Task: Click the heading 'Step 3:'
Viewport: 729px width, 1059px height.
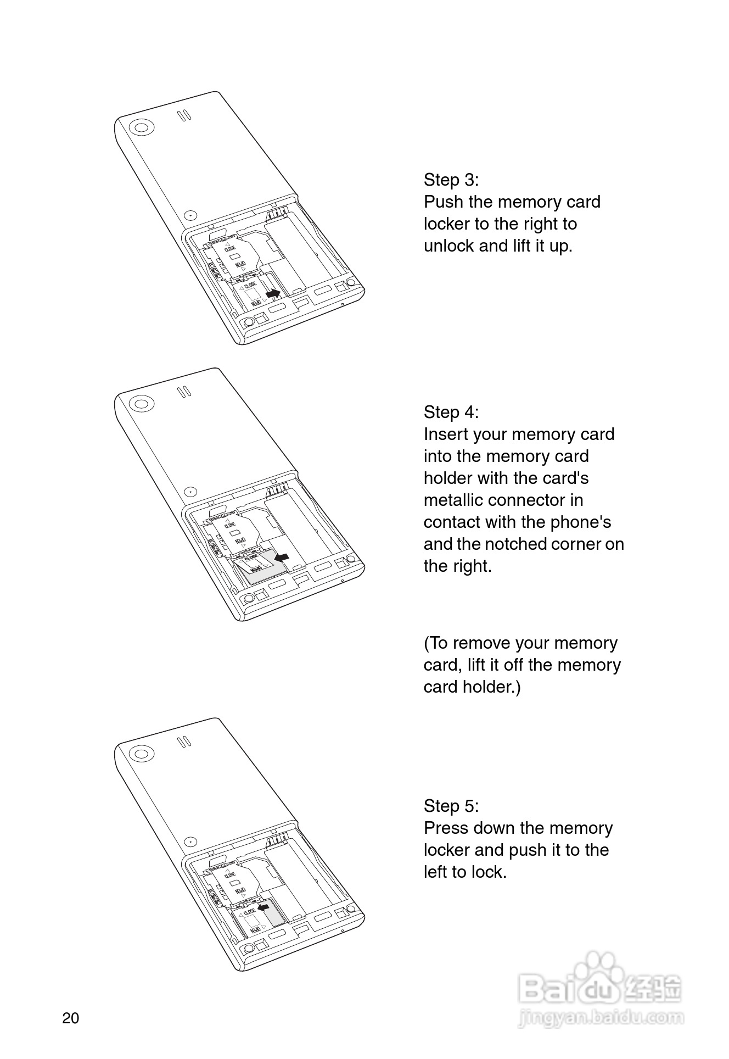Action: click(x=451, y=180)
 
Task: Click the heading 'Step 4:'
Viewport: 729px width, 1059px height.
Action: click(x=451, y=413)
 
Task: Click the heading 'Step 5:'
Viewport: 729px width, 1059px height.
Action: click(x=451, y=806)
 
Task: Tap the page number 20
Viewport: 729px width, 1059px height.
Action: click(x=71, y=1018)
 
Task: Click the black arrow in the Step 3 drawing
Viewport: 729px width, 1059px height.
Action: click(x=272, y=294)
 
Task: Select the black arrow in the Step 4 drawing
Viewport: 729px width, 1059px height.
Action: click(x=282, y=558)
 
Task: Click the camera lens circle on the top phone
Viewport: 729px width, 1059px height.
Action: click(x=141, y=128)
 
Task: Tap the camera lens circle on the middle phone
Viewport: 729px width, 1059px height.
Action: click(x=141, y=404)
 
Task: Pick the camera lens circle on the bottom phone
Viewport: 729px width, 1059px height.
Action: click(x=141, y=753)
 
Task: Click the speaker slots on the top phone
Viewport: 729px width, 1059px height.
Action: click(x=184, y=115)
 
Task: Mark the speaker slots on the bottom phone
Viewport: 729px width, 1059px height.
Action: click(x=184, y=742)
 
